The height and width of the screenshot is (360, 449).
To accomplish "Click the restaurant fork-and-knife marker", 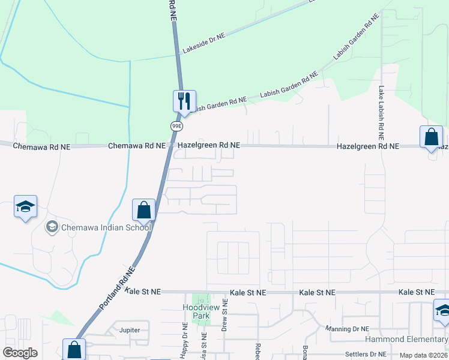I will (x=184, y=100).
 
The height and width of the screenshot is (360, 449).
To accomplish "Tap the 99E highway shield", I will (x=176, y=126).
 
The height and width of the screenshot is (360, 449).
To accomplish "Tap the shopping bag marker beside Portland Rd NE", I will (x=143, y=210).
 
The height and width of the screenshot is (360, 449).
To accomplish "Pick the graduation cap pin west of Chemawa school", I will (x=25, y=206).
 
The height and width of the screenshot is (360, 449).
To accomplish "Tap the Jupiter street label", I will (x=129, y=330).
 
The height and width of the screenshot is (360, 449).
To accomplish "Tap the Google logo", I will (x=20, y=353).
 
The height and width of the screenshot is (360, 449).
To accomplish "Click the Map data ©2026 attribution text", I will (x=423, y=355).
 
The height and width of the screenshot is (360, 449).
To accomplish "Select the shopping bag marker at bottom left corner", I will (x=73, y=349).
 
